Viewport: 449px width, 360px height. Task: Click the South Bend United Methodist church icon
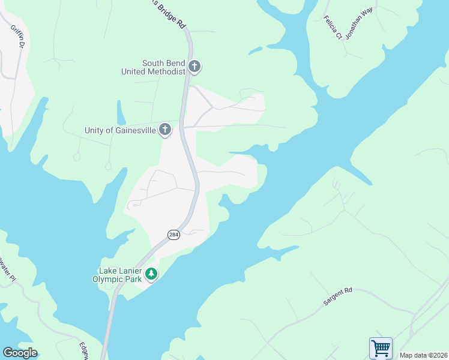point(194,66)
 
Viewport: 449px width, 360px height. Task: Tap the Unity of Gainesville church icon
point(165,130)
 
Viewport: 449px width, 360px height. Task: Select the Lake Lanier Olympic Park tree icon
point(151,274)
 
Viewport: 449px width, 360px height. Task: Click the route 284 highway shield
point(173,234)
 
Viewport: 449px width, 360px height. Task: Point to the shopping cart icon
point(381,347)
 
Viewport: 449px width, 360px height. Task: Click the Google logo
point(20,353)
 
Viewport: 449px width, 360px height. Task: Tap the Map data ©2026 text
point(423,355)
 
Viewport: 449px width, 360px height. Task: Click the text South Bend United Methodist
point(154,67)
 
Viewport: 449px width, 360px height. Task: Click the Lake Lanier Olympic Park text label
point(118,274)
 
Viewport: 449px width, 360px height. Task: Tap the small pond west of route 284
point(121,113)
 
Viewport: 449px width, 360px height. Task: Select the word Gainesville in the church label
point(133,130)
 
